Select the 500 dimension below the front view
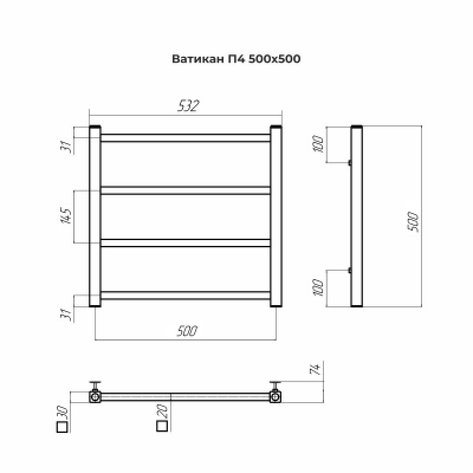coord(187,332)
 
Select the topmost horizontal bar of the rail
coord(186,138)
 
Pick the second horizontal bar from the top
coord(186,190)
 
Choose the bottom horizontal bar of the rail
coord(186,294)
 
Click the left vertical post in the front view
coord(95,216)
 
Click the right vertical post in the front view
coord(276,216)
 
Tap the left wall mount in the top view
coord(95,394)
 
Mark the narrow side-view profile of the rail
coord(357,216)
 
